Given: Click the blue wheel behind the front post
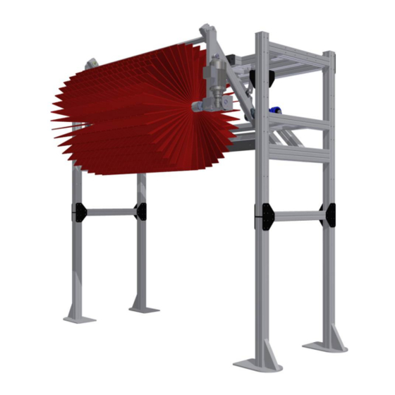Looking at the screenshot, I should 274,109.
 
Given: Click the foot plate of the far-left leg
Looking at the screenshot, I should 79,317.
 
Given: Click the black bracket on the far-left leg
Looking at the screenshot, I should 77,210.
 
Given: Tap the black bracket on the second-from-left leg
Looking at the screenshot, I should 140,210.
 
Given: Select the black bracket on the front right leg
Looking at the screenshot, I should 265,216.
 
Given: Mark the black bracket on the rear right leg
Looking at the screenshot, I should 325,214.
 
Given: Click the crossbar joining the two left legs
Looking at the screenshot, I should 109,210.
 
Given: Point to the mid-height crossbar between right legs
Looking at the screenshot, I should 296,216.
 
